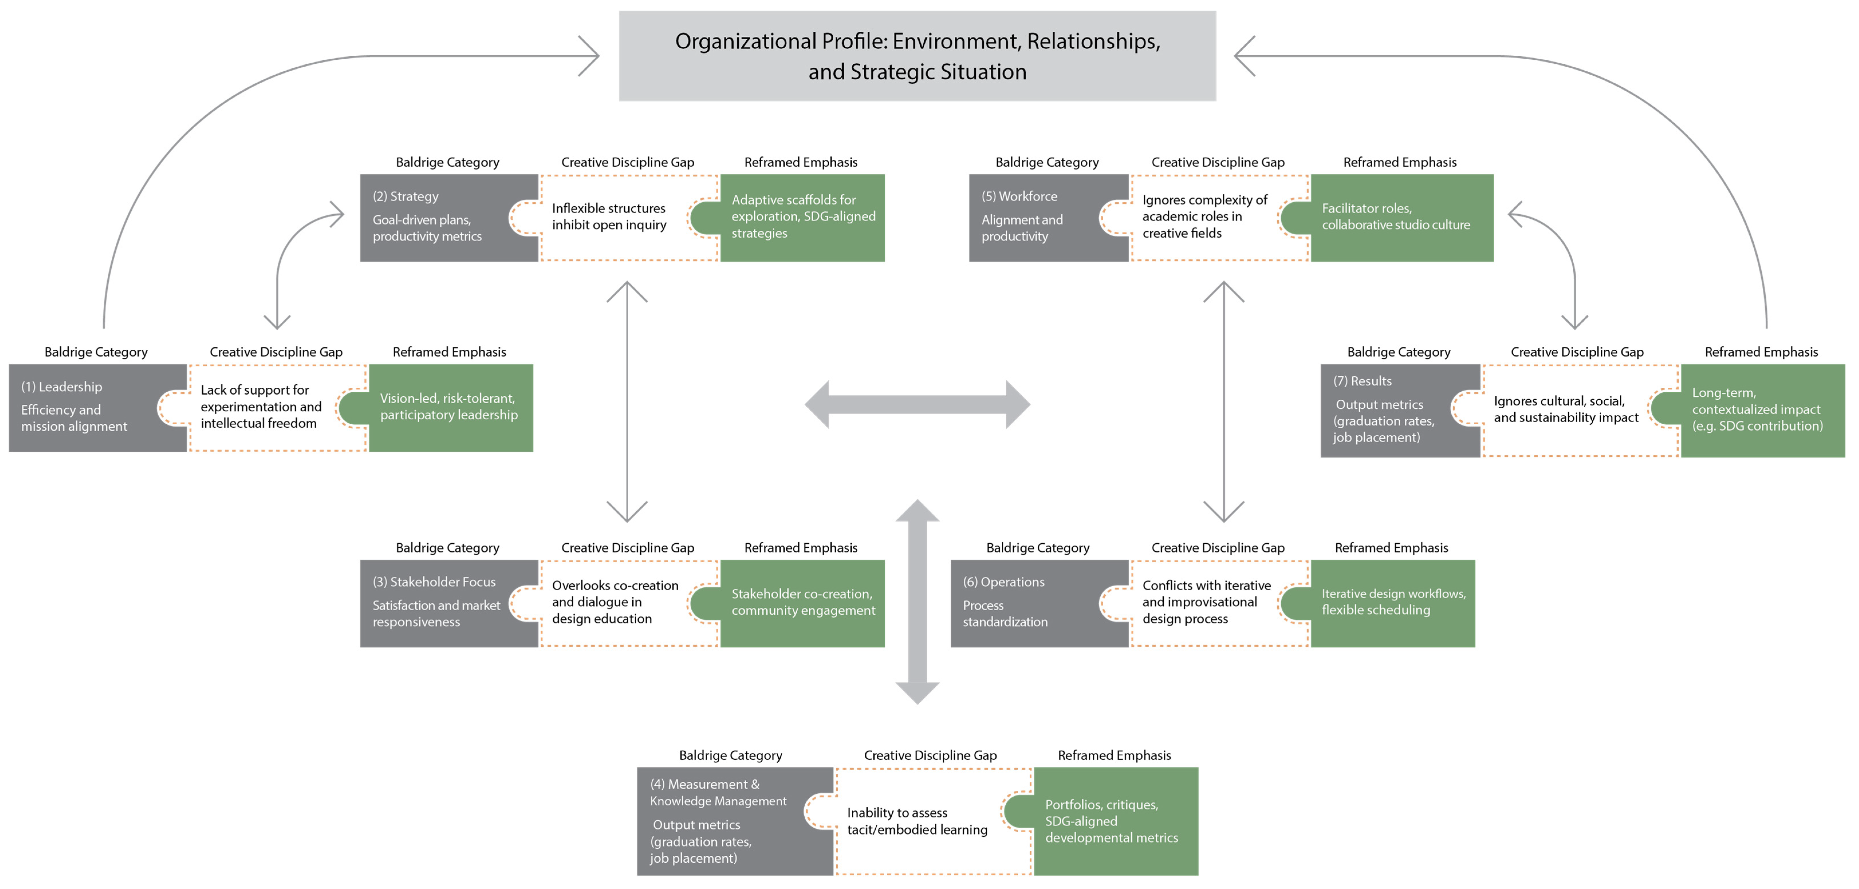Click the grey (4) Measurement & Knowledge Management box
pos(722,821)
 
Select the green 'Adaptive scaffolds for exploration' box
pos(802,217)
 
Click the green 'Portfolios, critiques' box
pos(1115,821)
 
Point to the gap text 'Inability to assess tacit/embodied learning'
pos(917,821)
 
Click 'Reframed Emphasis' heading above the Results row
pos(1761,352)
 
